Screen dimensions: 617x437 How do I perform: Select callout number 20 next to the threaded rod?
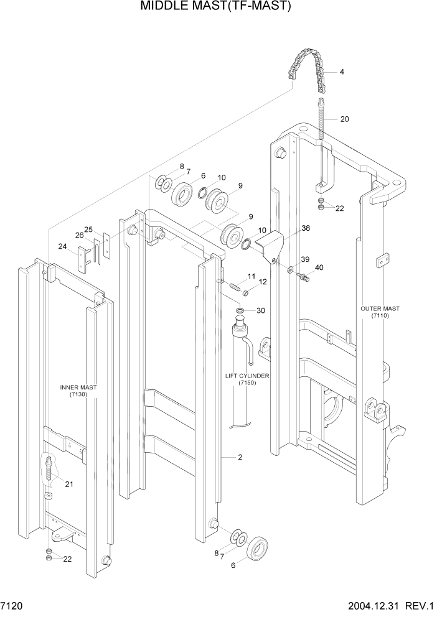coord(344,119)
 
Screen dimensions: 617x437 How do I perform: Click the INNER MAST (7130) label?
coord(78,391)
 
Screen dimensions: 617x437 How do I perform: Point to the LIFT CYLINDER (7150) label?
coord(247,379)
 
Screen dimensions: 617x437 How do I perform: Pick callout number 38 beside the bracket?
coord(305,228)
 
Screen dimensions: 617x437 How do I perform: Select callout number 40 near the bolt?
coord(319,267)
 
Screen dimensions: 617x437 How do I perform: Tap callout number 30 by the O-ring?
coord(260,310)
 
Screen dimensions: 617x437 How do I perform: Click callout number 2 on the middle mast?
coord(239,457)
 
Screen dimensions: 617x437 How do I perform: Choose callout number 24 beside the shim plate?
coord(62,246)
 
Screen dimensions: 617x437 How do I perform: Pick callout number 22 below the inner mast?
coord(67,559)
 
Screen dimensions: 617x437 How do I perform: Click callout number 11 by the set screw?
coord(251,276)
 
